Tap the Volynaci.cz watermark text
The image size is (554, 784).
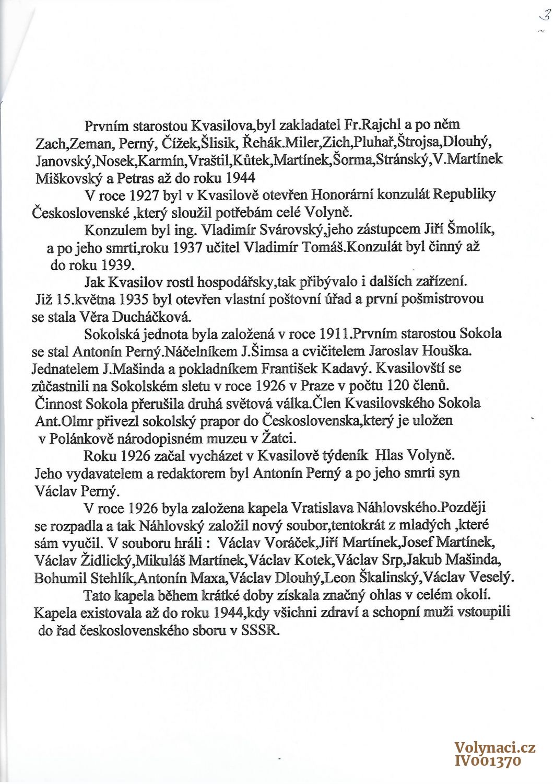click(494, 748)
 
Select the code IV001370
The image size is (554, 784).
click(488, 761)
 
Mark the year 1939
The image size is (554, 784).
click(116, 264)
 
